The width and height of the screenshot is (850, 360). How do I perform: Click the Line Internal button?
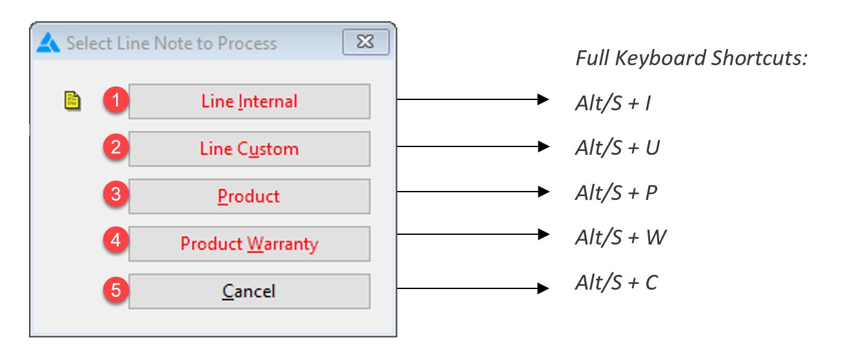[250, 101]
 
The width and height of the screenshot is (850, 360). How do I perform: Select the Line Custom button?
[250, 149]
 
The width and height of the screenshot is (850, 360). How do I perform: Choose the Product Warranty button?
[250, 244]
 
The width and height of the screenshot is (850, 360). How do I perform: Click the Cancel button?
[250, 291]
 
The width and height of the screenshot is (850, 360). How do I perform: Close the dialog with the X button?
[366, 42]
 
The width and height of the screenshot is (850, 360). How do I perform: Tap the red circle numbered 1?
[115, 100]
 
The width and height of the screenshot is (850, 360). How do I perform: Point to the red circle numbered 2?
[115, 147]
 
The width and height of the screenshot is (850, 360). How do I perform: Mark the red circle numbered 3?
[115, 194]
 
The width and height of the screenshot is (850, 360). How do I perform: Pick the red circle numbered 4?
[115, 241]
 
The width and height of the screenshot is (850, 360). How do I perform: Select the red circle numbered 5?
[115, 290]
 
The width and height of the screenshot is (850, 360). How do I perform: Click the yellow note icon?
[72, 101]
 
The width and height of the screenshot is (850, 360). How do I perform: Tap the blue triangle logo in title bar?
[48, 43]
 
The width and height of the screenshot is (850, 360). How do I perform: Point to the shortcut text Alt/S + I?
[613, 103]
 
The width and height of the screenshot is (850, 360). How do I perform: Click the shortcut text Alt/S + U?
[617, 148]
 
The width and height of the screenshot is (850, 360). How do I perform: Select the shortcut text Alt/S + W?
[621, 237]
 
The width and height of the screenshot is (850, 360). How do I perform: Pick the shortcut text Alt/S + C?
[617, 283]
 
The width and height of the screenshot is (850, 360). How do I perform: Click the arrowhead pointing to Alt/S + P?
[544, 192]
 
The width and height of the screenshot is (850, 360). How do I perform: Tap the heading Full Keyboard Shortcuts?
[691, 59]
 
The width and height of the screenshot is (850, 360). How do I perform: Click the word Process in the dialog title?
[248, 44]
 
